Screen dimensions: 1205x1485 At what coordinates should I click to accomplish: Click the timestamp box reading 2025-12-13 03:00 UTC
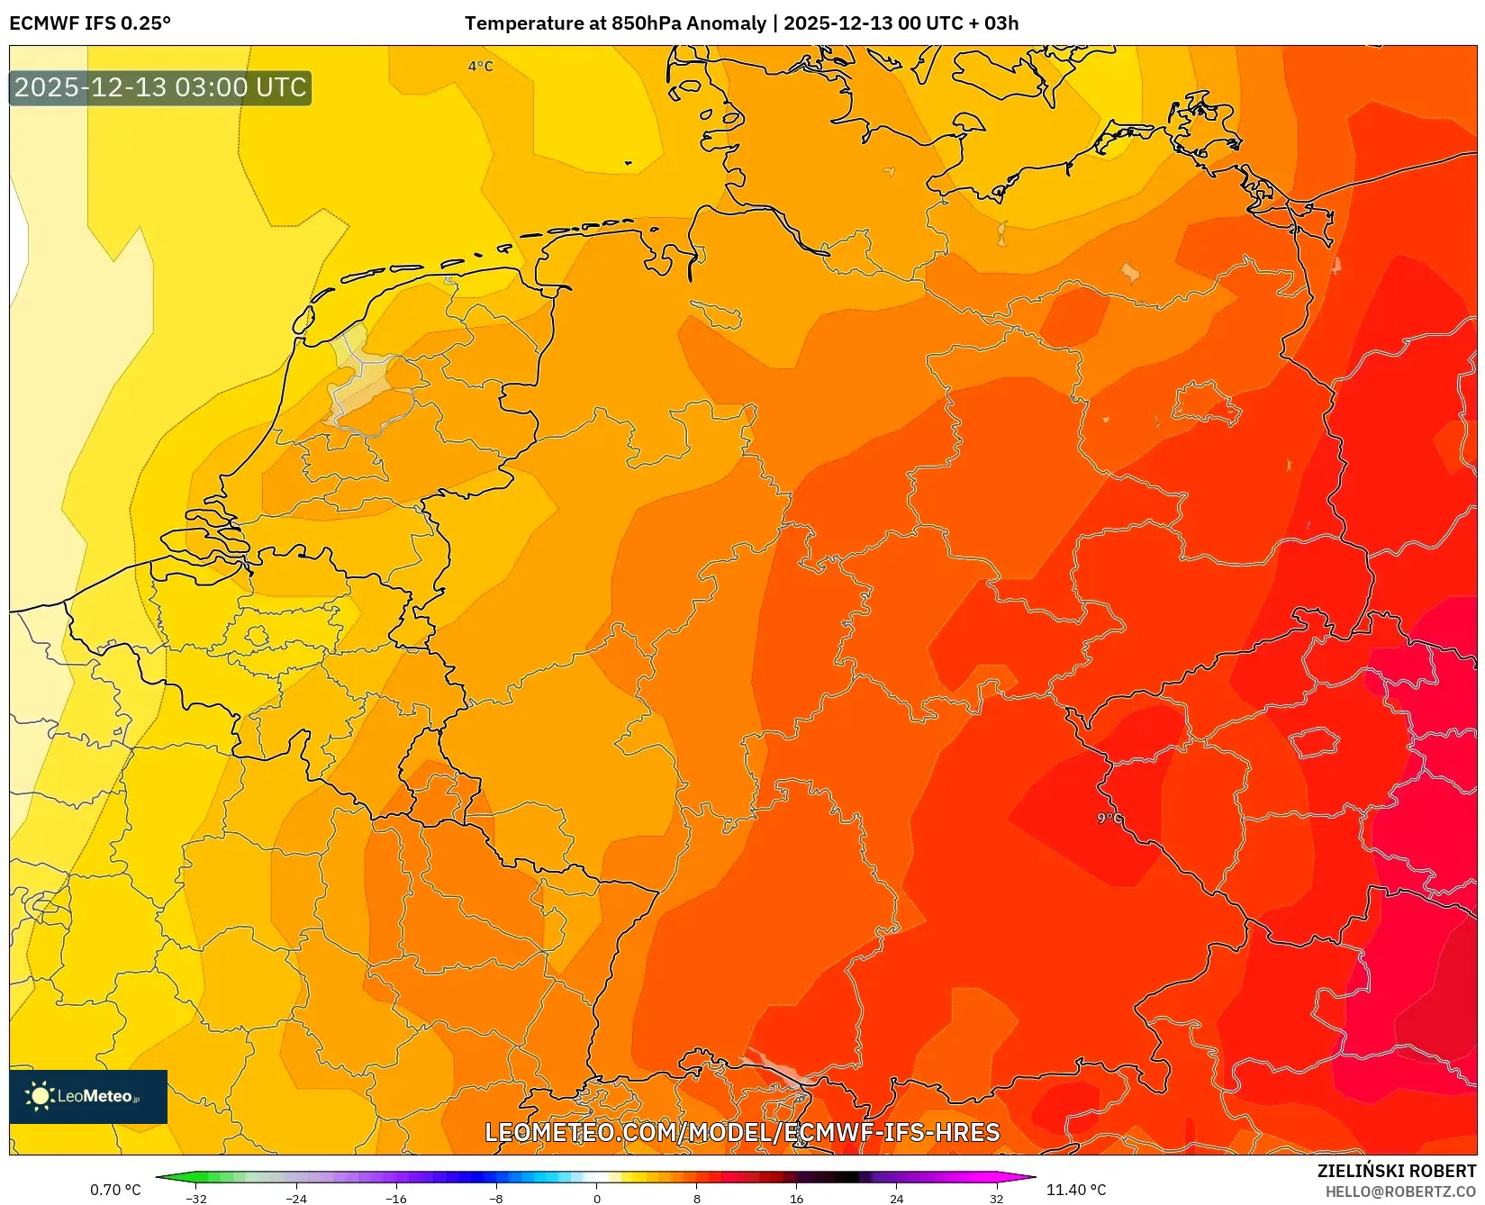[x=160, y=87]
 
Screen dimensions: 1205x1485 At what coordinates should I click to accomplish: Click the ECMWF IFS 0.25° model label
[x=90, y=23]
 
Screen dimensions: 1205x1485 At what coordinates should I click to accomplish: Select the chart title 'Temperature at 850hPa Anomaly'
[x=615, y=23]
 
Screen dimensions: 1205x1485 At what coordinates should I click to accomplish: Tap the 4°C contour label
[x=480, y=67]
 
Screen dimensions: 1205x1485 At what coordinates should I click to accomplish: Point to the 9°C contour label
[x=1109, y=819]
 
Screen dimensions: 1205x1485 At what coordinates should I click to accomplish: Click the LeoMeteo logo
[x=88, y=1096]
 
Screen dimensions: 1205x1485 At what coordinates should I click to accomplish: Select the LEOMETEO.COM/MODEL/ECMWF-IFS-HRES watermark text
[x=742, y=1132]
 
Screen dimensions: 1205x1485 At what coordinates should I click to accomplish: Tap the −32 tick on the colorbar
[x=195, y=1199]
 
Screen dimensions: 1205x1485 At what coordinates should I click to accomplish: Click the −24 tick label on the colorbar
[x=295, y=1199]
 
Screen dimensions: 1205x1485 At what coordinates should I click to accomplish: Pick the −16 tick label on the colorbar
[x=395, y=1199]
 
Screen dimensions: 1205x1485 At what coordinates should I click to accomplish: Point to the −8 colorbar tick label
[x=496, y=1199]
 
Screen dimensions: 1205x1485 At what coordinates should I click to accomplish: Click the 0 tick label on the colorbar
[x=597, y=1199]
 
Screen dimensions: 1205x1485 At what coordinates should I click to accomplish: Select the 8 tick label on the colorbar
[x=697, y=1199]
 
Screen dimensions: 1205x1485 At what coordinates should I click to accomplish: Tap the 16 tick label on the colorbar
[x=796, y=1199]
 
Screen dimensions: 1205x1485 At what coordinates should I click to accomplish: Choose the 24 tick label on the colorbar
[x=896, y=1199]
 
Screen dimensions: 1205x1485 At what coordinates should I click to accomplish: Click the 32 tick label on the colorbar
[x=996, y=1199]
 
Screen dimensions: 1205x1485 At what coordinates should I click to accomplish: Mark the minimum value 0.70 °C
[x=115, y=1190]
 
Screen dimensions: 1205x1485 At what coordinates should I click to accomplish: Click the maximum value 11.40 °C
[x=1076, y=1190]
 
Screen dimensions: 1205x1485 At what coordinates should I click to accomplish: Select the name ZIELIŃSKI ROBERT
[x=1397, y=1171]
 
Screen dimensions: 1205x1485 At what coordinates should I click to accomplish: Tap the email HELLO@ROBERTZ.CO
[x=1400, y=1191]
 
